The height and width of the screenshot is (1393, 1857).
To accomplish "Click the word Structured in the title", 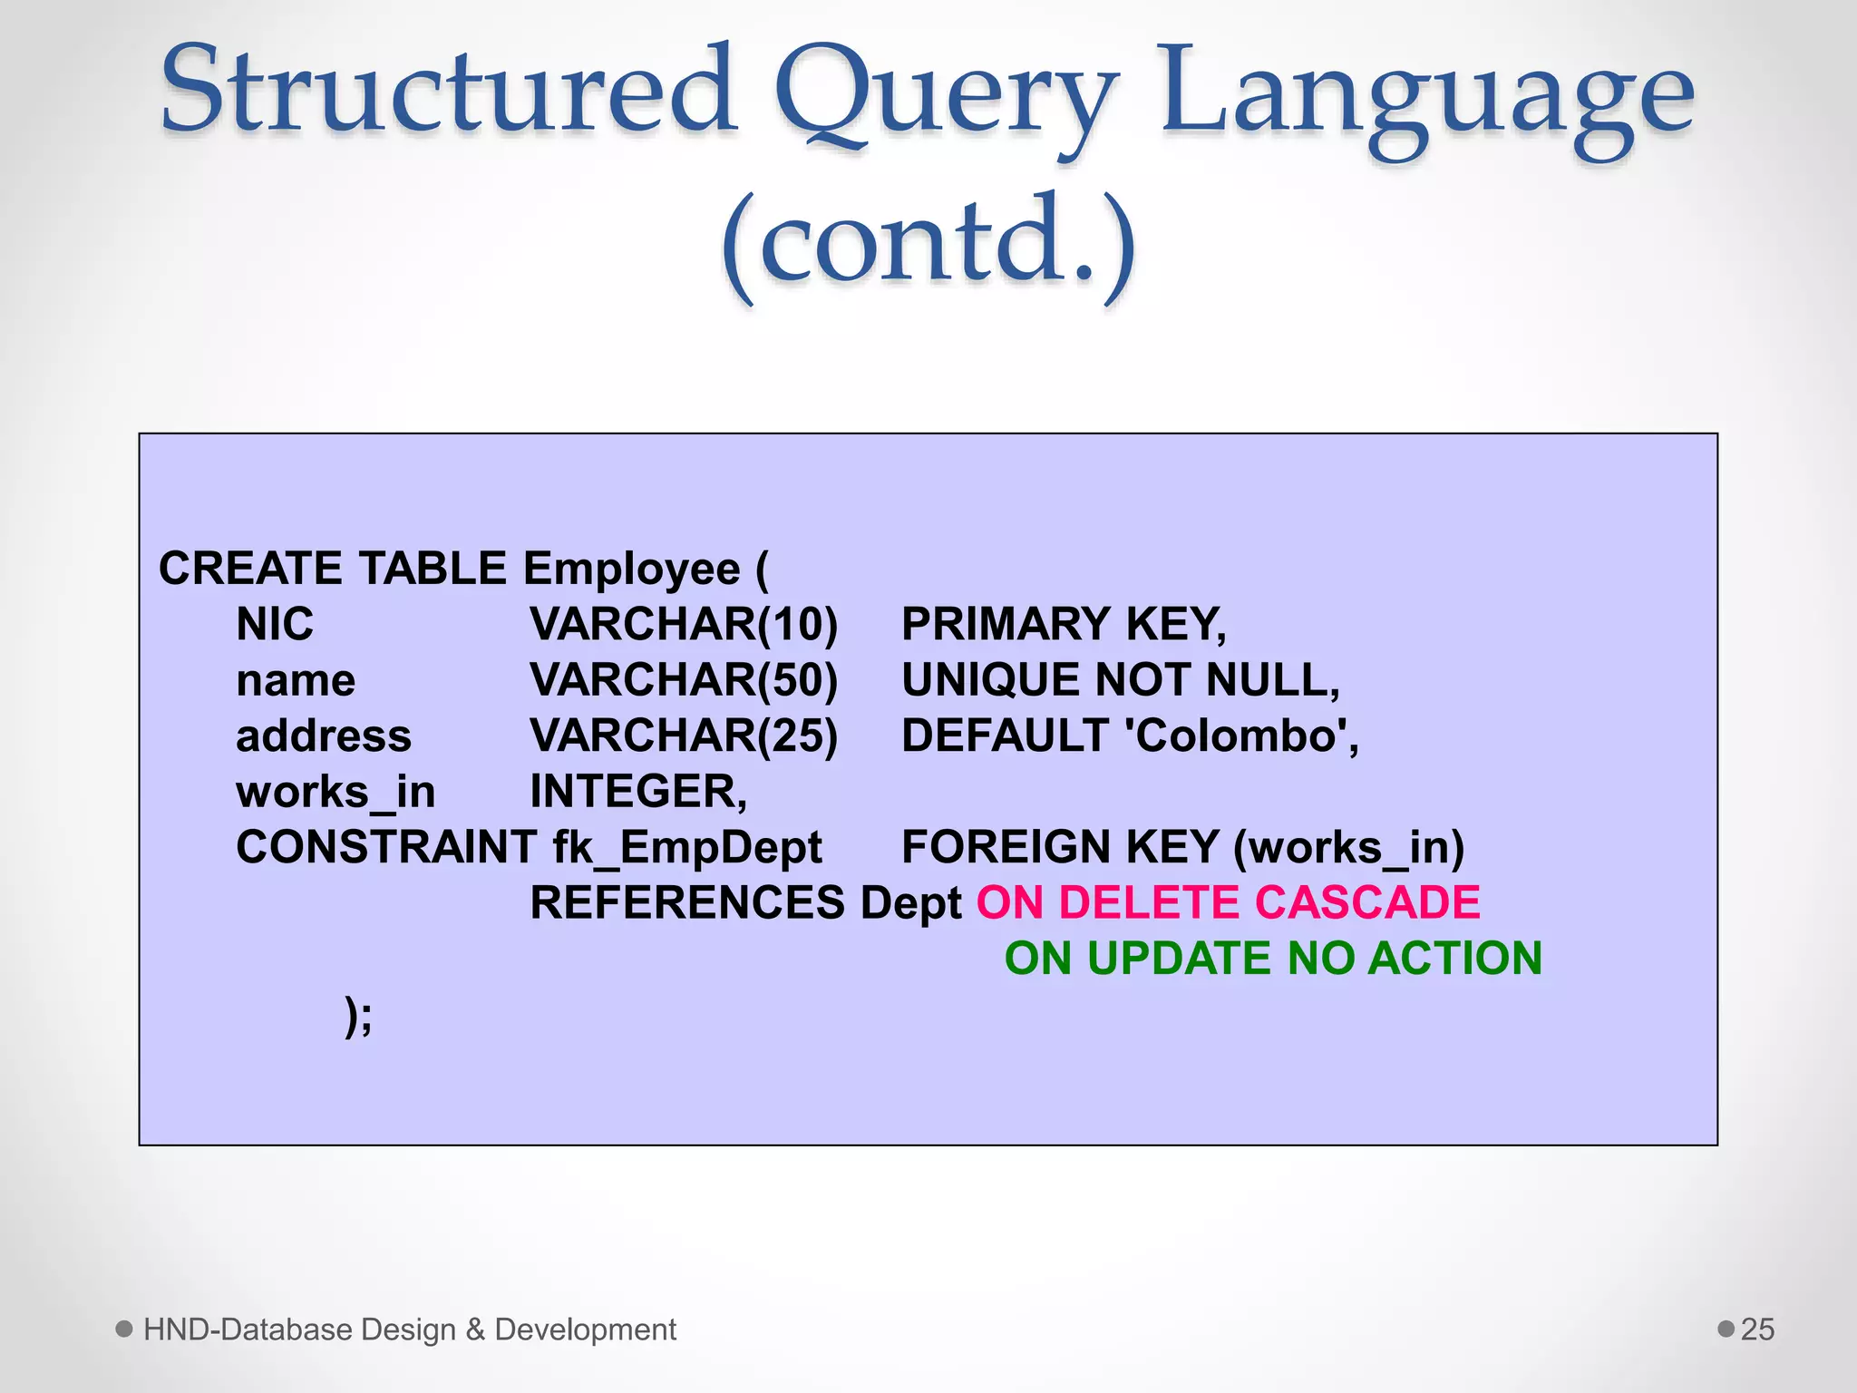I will click(x=448, y=91).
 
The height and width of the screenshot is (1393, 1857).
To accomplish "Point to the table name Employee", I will click(x=632, y=570).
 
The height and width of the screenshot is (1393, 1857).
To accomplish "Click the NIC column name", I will click(x=275, y=625).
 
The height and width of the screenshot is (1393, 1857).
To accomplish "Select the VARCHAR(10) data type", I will click(x=684, y=625).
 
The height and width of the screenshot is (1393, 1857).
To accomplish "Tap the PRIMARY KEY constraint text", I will click(x=1064, y=625).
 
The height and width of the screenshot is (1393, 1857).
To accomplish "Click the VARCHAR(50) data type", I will click(x=684, y=680).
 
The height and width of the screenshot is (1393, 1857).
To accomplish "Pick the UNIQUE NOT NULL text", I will click(x=1120, y=680).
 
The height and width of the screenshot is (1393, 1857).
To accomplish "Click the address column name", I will click(x=324, y=736).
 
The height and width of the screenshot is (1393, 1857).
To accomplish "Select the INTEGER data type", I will click(x=637, y=792).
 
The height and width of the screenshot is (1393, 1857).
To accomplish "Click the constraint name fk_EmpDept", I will click(x=687, y=848).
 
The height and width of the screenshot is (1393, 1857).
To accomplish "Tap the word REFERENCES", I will click(x=687, y=903).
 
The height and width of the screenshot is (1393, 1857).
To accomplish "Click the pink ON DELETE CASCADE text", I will click(x=1228, y=903).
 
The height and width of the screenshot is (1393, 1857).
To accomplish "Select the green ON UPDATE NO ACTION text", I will click(x=1273, y=959).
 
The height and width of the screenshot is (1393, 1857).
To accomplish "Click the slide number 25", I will click(x=1757, y=1330).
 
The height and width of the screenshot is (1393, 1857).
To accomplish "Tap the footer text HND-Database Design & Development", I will click(x=410, y=1330).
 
